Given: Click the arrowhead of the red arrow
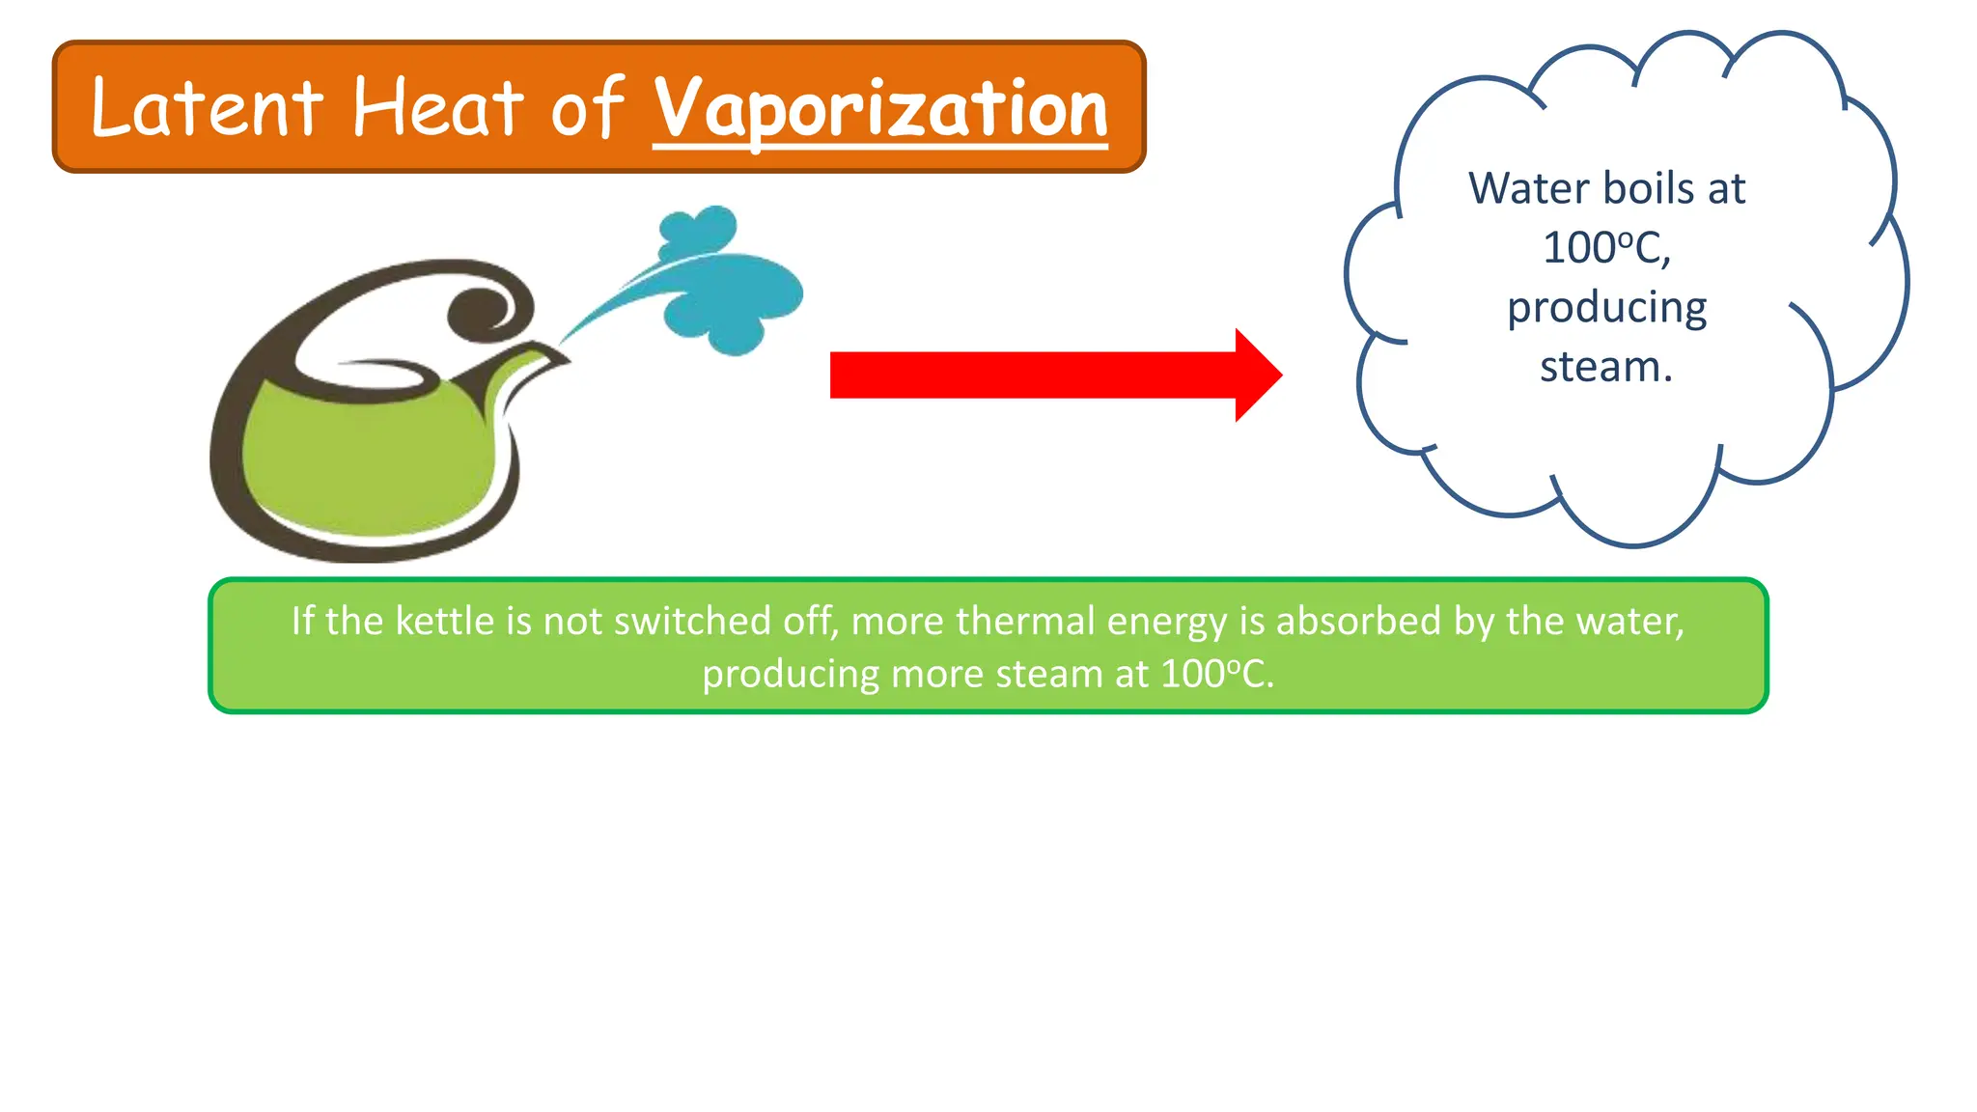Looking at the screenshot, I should coord(1257,375).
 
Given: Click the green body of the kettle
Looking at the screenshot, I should coord(367,463).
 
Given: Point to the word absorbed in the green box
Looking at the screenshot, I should coord(1359,621).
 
